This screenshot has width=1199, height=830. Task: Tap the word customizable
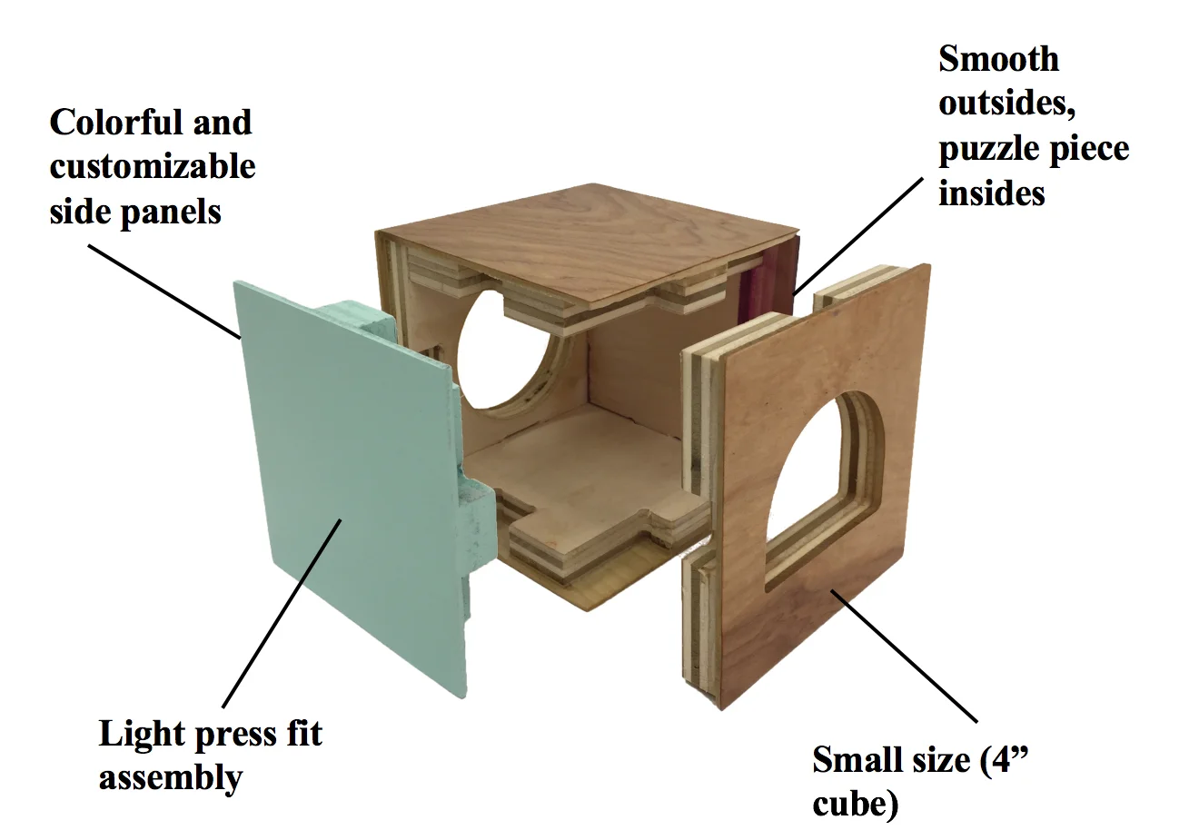pyautogui.click(x=153, y=167)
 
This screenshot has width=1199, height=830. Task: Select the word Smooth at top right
pyautogui.click(x=998, y=59)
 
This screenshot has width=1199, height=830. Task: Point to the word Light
pyautogui.click(x=137, y=734)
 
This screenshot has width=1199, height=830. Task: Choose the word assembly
pyautogui.click(x=170, y=778)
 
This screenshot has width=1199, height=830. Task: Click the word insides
pyautogui.click(x=991, y=193)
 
